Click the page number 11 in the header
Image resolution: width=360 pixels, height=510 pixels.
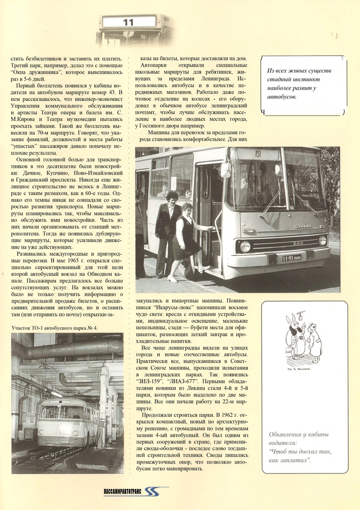click(x=128, y=22)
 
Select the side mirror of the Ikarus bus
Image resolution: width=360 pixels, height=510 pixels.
click(x=225, y=170)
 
